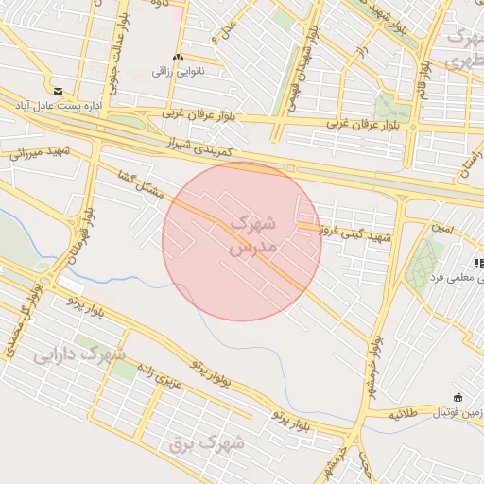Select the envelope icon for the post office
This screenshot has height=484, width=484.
coord(59,91)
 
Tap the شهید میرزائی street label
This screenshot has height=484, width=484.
coord(38,152)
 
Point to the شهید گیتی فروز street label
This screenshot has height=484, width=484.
coord(355,232)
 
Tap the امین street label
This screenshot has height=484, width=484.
coord(441,229)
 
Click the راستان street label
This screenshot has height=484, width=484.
coord(467,163)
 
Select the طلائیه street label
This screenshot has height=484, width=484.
coord(412,413)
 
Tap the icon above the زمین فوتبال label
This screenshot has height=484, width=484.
coord(458,397)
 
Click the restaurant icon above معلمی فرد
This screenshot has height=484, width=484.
coord(477,262)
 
